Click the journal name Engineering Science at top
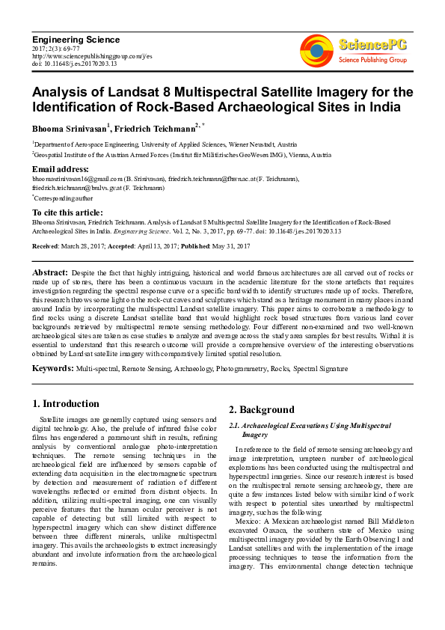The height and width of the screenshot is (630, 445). (76, 40)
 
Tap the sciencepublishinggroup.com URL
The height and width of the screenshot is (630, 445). (92, 56)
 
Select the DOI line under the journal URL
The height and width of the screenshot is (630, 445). (75, 64)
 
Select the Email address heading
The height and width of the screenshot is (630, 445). (61, 169)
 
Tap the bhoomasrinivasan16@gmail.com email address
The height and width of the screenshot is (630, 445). (72, 179)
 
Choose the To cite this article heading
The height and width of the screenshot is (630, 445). (67, 213)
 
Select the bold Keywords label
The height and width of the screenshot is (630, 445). (52, 369)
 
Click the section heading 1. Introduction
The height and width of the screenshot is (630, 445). (67, 403)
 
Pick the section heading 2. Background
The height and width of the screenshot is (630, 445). (262, 409)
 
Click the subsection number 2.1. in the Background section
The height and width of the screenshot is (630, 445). (236, 426)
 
